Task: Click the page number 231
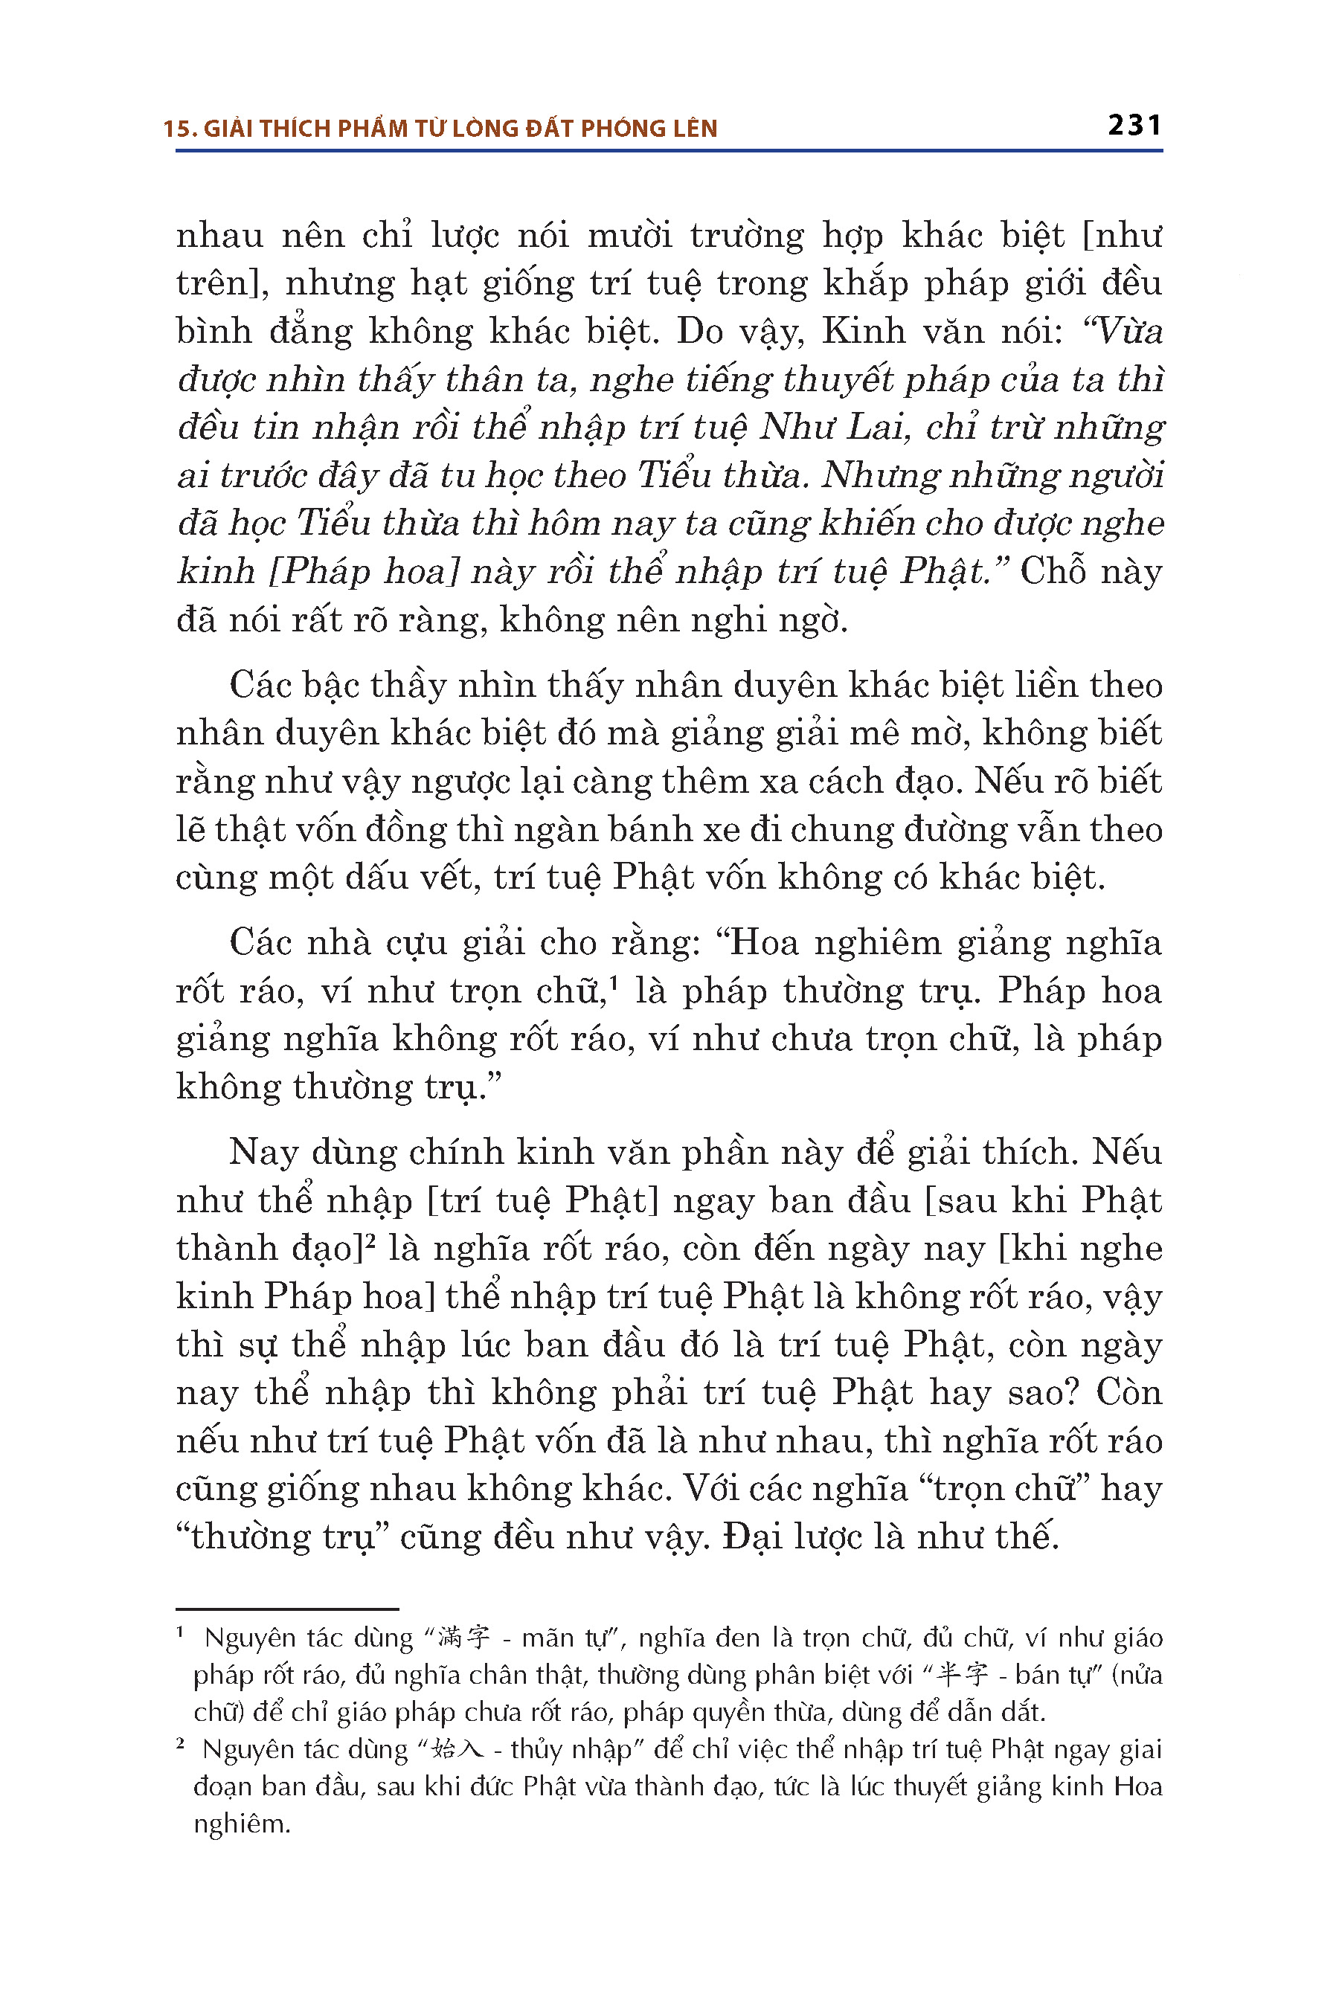[1134, 126]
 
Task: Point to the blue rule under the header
[669, 151]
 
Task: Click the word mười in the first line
[629, 235]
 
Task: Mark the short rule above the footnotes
[287, 1609]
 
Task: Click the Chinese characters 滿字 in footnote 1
[463, 1638]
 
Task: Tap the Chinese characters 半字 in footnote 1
[963, 1674]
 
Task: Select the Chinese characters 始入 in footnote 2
[457, 1749]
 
